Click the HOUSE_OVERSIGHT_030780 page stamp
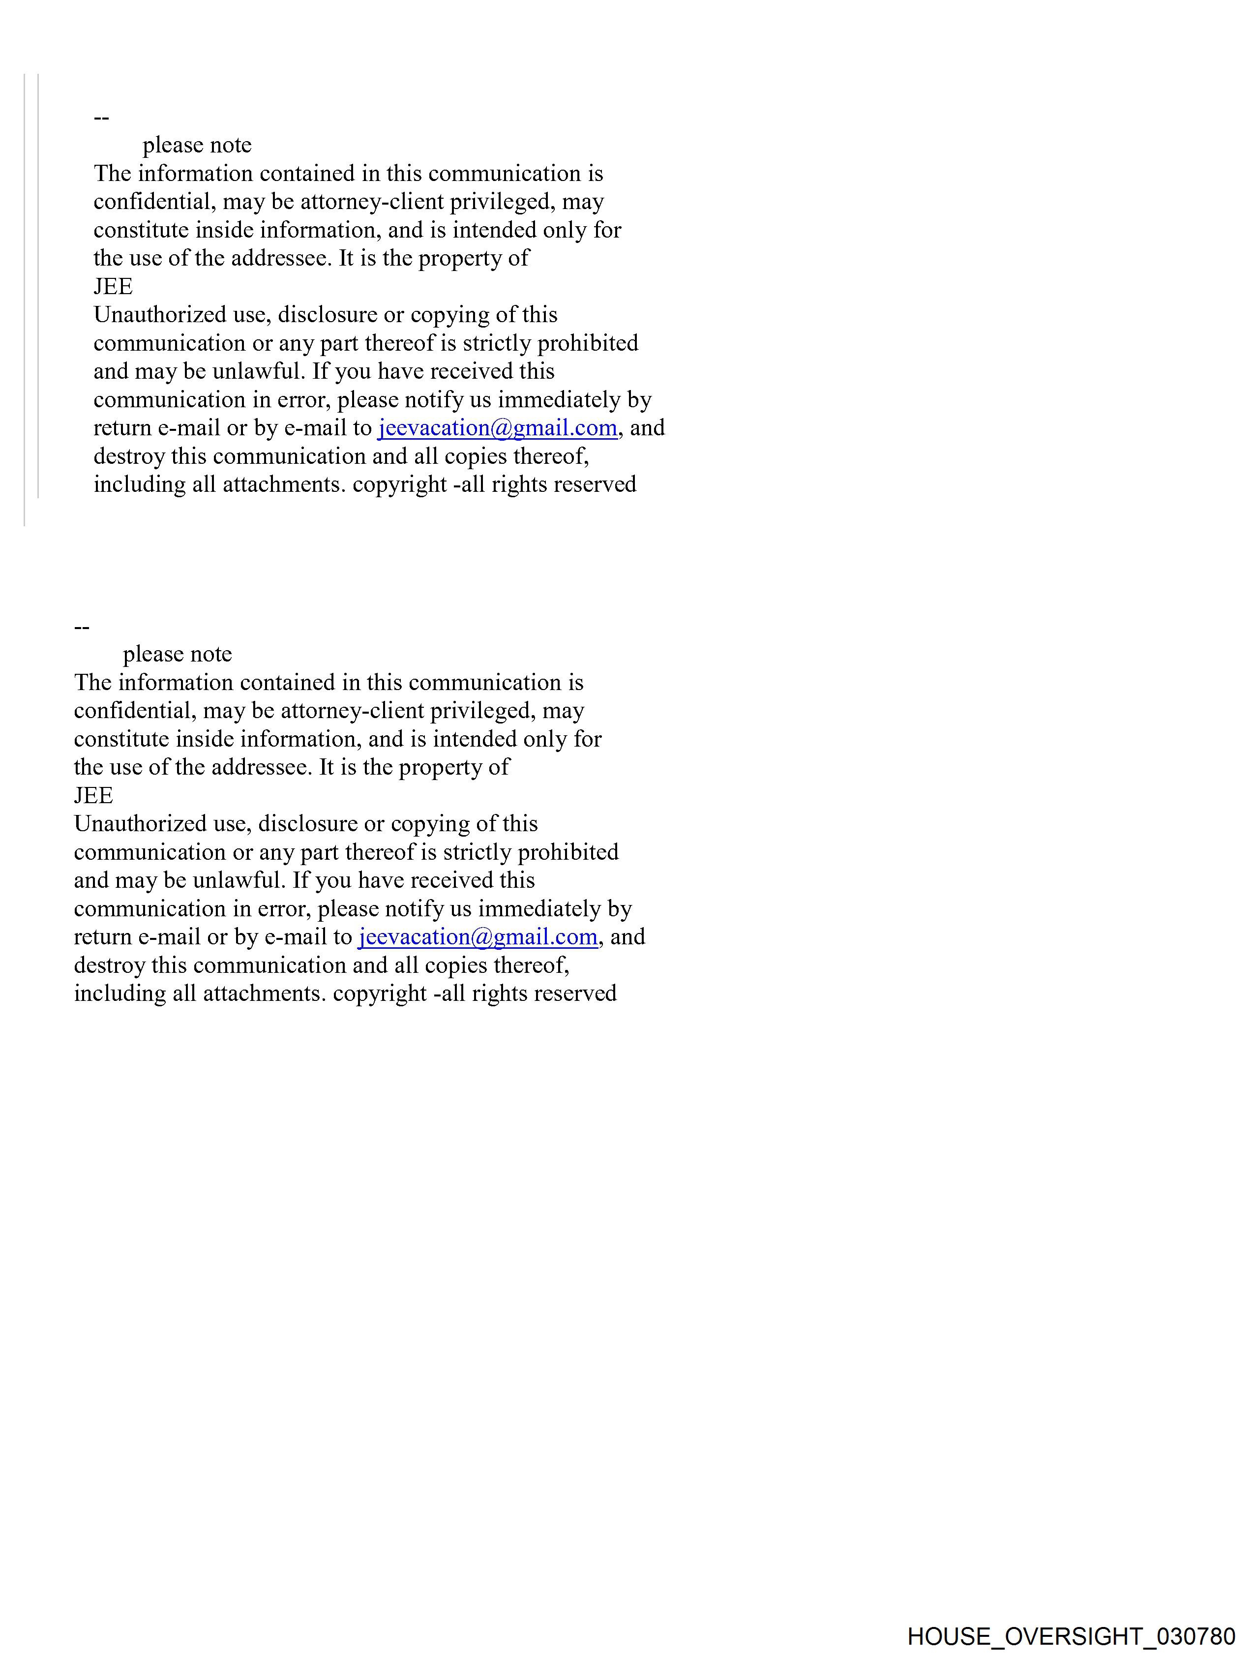pyautogui.click(x=1071, y=1635)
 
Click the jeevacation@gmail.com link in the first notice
pyautogui.click(x=497, y=428)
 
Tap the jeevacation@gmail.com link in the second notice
pyautogui.click(x=478, y=937)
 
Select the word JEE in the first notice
pyautogui.click(x=113, y=287)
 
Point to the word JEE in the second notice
pyautogui.click(x=93, y=795)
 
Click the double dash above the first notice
pyautogui.click(x=101, y=118)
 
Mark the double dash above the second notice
pyautogui.click(x=82, y=627)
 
